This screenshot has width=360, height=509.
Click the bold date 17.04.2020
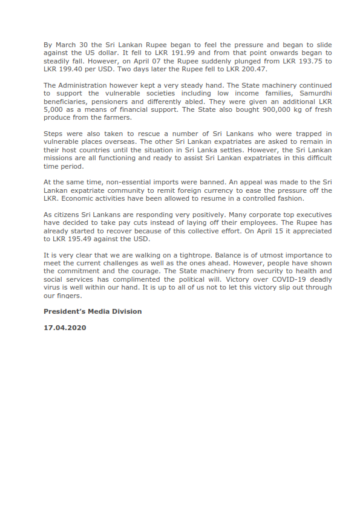65,328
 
